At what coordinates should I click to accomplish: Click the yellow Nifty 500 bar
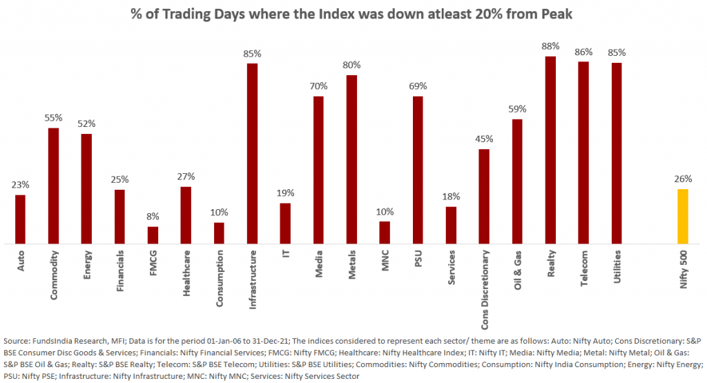pyautogui.click(x=683, y=216)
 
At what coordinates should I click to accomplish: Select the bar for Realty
pyautogui.click(x=550, y=150)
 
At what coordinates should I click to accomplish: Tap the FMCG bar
pyautogui.click(x=153, y=235)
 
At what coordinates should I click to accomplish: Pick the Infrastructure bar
pyautogui.click(x=252, y=153)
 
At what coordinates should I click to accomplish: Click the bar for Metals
pyautogui.click(x=351, y=159)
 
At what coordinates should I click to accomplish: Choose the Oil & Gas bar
pyautogui.click(x=517, y=181)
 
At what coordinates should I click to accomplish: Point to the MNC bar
pyautogui.click(x=385, y=233)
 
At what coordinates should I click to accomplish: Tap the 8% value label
pyautogui.click(x=153, y=217)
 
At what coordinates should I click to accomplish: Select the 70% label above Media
pyautogui.click(x=318, y=87)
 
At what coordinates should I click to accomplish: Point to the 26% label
pyautogui.click(x=683, y=179)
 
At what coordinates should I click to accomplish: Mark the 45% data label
pyautogui.click(x=484, y=139)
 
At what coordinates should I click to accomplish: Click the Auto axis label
pyautogui.click(x=20, y=262)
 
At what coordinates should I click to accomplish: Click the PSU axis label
pyautogui.click(x=418, y=260)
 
